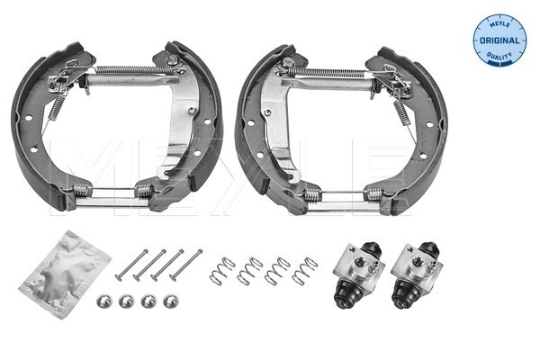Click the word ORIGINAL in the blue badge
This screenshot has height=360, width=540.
coord(499,40)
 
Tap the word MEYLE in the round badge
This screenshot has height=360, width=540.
coord(499,23)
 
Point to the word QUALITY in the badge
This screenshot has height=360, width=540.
coord(499,56)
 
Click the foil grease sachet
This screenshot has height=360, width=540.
coord(65,274)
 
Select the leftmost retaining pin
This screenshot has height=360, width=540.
coord(131,265)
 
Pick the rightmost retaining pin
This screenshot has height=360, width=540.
coord(186,265)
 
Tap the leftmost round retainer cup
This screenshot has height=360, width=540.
coord(104,301)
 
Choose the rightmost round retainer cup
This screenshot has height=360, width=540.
coord(171,301)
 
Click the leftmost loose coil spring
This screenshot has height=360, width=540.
coord(222,271)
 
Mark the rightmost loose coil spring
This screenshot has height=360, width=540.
coord(305,271)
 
